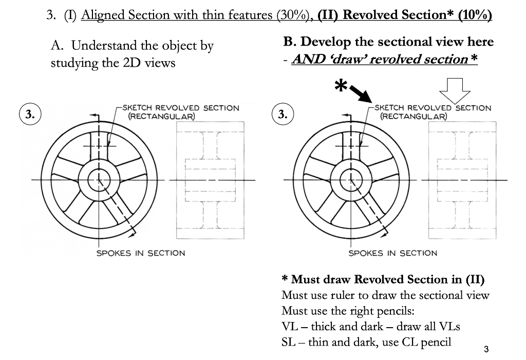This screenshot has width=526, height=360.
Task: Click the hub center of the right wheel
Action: pos(350,180)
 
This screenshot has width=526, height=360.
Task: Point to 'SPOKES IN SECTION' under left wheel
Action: pos(141,253)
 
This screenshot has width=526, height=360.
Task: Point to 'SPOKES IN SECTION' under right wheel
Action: pos(392,253)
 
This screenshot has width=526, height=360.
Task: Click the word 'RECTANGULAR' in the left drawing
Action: pos(161,116)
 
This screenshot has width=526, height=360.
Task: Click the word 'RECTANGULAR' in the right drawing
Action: pos(414,116)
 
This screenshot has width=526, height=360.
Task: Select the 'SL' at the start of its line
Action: pos(288,342)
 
